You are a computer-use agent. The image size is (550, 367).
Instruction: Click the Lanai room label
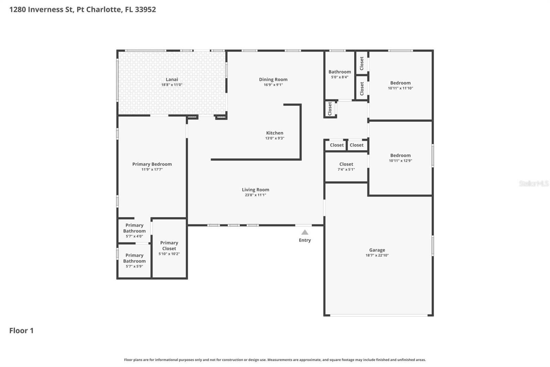(172, 80)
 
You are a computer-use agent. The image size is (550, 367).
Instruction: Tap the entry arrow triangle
(305, 232)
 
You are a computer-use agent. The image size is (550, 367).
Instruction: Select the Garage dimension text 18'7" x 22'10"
(377, 255)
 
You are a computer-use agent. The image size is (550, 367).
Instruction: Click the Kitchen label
(275, 133)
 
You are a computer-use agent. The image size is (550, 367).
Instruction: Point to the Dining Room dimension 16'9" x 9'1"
(273, 85)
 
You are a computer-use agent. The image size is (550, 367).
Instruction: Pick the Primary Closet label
(169, 245)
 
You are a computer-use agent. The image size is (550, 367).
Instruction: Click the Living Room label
(255, 190)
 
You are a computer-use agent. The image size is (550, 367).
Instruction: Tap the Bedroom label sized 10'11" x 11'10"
(400, 83)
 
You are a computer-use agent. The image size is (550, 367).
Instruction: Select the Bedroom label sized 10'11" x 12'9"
(400, 156)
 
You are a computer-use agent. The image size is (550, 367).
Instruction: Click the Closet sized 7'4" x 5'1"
(346, 165)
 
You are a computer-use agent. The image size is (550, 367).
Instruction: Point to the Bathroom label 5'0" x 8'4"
(340, 72)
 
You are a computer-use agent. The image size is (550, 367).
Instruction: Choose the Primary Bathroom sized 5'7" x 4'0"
(134, 228)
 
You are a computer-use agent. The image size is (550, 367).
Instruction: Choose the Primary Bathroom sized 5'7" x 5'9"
(134, 258)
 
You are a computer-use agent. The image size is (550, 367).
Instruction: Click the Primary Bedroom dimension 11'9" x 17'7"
(152, 169)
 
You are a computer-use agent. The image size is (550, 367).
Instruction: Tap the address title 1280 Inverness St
(82, 9)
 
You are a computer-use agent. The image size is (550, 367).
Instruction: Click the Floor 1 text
(21, 331)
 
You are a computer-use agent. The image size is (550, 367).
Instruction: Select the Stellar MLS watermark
(533, 183)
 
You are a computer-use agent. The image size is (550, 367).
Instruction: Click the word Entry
(305, 240)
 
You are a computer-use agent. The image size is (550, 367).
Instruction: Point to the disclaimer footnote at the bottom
(275, 360)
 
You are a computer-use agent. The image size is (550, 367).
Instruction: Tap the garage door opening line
(378, 315)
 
